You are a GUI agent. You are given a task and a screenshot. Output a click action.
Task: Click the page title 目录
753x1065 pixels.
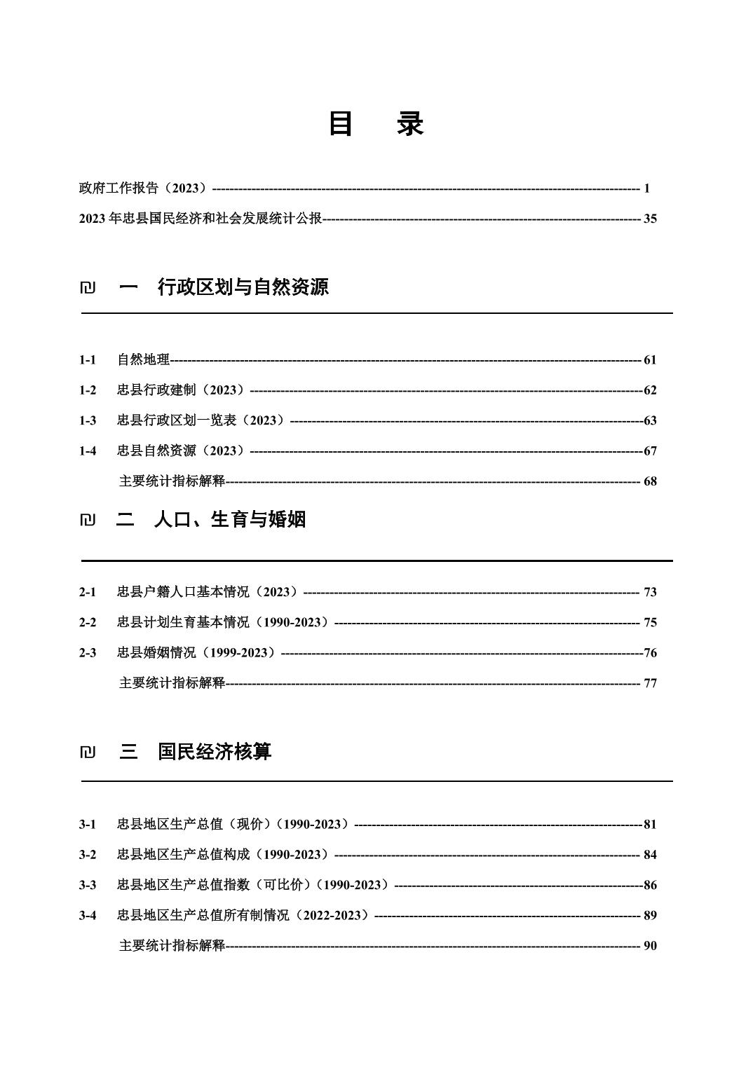coord(376,124)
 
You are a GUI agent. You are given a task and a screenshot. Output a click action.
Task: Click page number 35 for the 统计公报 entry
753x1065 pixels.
coord(650,219)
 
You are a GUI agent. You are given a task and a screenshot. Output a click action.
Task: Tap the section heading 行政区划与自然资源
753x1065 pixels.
coord(243,287)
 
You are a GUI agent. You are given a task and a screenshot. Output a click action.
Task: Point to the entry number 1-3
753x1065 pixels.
coord(88,420)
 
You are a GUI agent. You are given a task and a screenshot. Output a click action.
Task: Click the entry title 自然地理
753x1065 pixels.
coord(143,360)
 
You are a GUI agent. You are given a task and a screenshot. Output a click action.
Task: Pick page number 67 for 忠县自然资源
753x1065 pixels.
coord(650,451)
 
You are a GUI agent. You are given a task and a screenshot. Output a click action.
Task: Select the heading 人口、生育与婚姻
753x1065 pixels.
coord(229,519)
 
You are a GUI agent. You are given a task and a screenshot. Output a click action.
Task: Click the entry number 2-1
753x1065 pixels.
coord(88,592)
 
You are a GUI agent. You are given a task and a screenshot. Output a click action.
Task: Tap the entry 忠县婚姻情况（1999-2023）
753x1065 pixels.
coord(197,653)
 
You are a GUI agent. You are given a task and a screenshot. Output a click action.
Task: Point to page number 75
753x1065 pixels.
coord(650,622)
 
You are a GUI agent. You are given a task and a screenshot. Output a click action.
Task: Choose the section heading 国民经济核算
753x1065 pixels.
coord(214,752)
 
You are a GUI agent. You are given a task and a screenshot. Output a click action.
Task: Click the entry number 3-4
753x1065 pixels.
coord(88,915)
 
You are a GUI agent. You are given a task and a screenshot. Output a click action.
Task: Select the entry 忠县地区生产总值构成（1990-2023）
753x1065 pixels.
coord(223,855)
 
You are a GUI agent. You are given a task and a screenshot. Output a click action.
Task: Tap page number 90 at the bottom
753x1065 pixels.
coord(650,946)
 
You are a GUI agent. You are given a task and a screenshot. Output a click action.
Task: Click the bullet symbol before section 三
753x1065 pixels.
coord(88,753)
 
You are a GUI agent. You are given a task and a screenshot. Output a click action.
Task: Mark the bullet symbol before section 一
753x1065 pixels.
coord(88,287)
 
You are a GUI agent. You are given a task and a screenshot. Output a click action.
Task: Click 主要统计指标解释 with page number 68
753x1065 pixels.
coord(172,481)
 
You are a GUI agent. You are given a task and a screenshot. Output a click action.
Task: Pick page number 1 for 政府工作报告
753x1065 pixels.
coord(646,188)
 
